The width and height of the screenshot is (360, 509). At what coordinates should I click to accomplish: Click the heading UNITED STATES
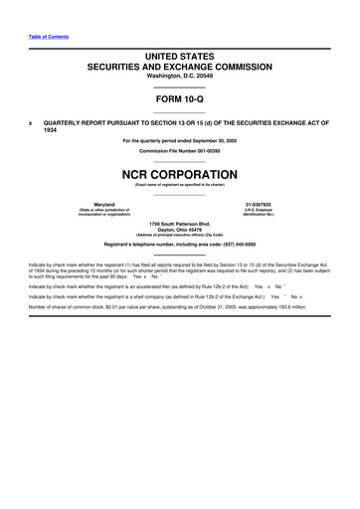tap(179, 61)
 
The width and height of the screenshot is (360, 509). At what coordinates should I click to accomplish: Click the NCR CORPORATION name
tap(179, 173)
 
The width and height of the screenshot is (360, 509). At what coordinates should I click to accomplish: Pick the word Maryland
tap(96, 204)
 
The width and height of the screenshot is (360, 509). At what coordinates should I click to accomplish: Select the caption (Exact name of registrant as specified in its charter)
tap(180, 185)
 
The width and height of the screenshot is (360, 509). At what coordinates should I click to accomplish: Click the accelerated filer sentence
tap(149, 285)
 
